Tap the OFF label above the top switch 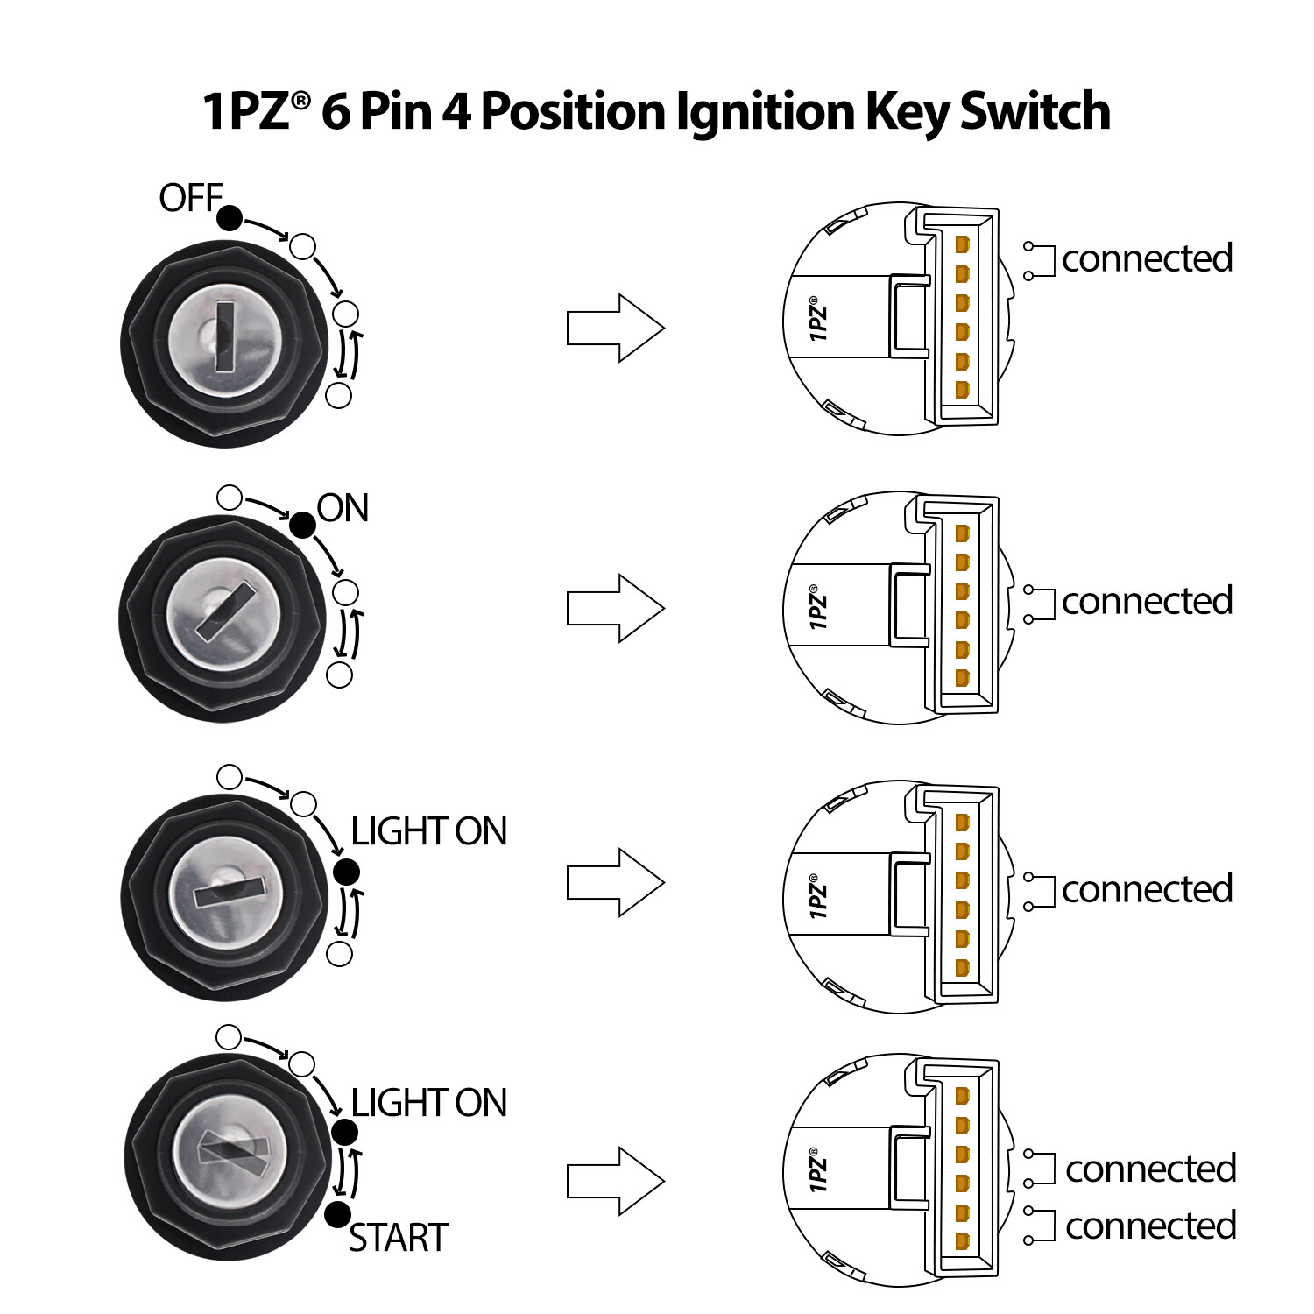(190, 198)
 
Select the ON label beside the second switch (343, 508)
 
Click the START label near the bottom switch (399, 1238)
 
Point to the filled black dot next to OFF (230, 217)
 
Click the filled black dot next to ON (302, 525)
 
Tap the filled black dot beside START (337, 1215)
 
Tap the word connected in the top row (1147, 258)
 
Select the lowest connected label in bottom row (1150, 1226)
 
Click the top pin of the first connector (962, 244)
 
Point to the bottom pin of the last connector (962, 1241)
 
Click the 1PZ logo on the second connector (817, 607)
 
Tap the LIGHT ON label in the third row (428, 831)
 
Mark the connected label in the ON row (1147, 601)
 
